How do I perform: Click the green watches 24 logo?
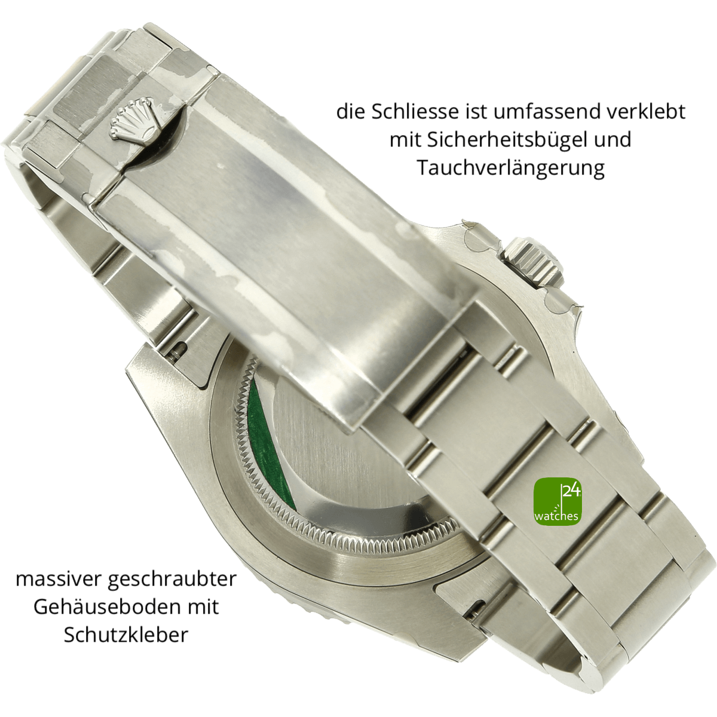click(x=557, y=501)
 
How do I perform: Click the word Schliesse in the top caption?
click(x=415, y=112)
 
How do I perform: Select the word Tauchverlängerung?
click(x=510, y=168)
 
